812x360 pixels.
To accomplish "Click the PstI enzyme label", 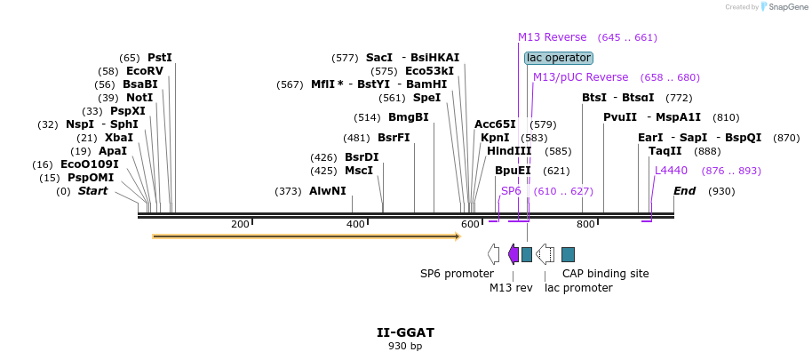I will click(160, 58).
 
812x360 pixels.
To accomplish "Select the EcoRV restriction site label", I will click(145, 71).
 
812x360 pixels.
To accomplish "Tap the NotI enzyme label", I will click(139, 98).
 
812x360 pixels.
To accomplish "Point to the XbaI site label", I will click(119, 138).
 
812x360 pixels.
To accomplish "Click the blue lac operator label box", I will click(558, 58).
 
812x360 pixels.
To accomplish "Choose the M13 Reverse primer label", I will click(552, 37).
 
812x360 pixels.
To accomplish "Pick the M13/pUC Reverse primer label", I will click(580, 77).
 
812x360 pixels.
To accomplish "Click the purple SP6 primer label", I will click(511, 191).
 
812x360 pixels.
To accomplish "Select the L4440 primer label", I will click(671, 171).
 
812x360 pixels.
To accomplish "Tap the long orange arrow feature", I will click(306, 236).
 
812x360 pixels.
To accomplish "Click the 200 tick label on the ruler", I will click(240, 224).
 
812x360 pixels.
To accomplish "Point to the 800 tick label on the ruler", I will click(586, 224).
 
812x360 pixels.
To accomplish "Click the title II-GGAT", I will click(405, 332).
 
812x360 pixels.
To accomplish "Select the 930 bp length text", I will click(405, 346).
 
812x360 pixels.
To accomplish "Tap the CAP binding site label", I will click(605, 274).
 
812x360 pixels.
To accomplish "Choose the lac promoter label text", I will click(578, 288).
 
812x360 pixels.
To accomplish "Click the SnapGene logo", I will click(779, 7).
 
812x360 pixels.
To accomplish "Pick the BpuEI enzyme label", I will click(513, 171).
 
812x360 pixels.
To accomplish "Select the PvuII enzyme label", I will click(620, 117).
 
